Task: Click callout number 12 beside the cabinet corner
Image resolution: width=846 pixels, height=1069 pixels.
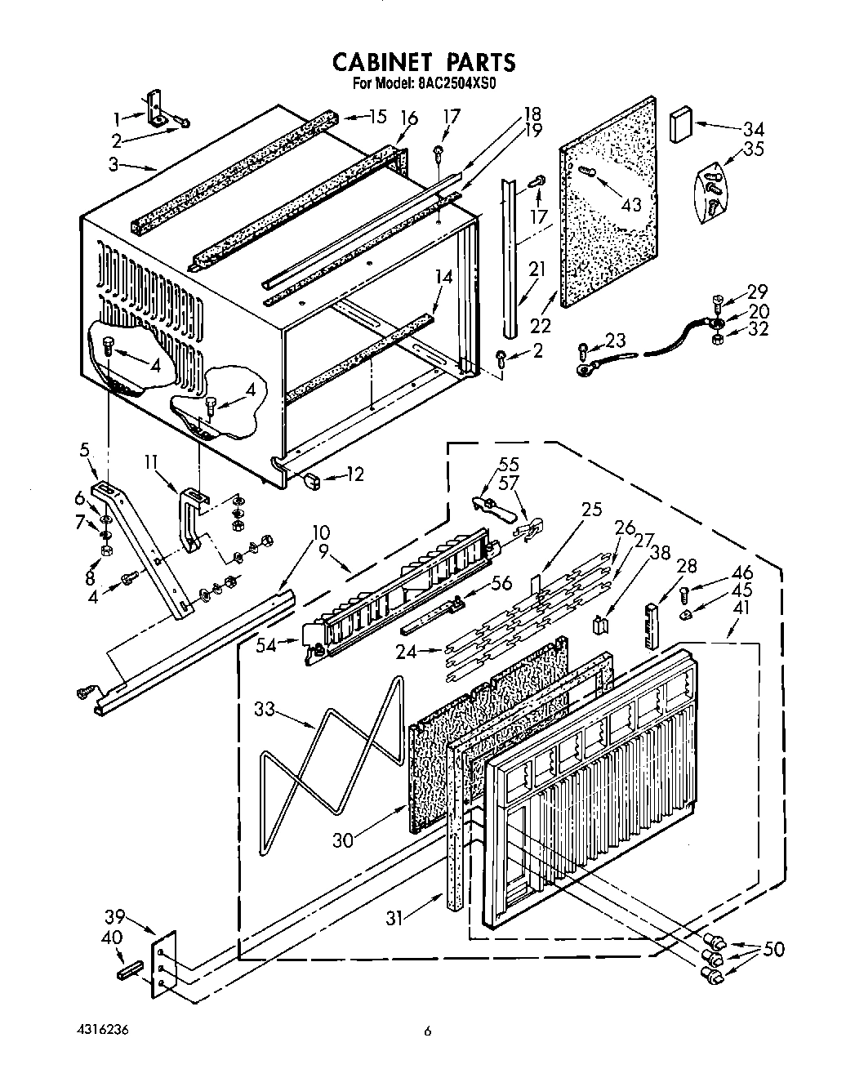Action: click(x=354, y=474)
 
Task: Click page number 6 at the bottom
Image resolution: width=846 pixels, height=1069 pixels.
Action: click(x=426, y=1031)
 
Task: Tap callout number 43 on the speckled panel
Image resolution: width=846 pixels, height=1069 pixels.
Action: click(x=630, y=204)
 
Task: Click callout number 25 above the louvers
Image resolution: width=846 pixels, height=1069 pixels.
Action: click(x=591, y=510)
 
